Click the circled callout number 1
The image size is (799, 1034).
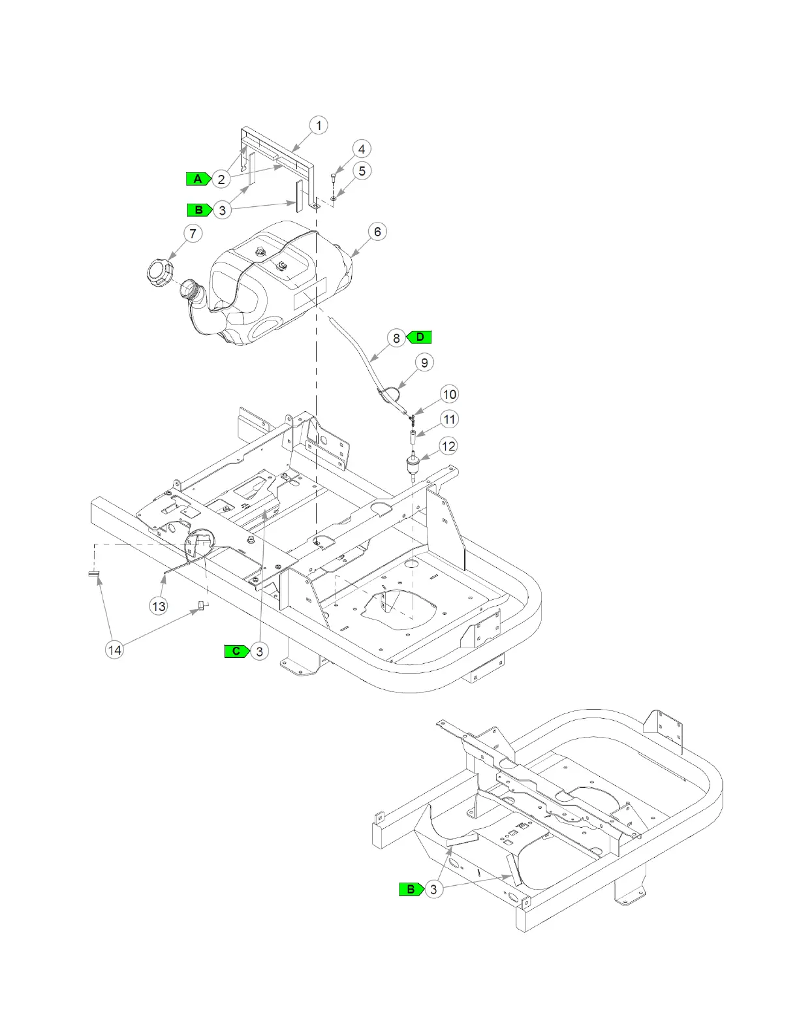[319, 125]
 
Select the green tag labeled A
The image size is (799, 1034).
[197, 179]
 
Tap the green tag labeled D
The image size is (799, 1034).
[420, 337]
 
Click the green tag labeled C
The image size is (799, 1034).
[236, 651]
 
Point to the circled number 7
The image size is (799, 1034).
[193, 234]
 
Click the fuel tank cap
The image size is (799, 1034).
[159, 271]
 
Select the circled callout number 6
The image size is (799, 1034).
[377, 232]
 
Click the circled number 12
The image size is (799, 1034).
[448, 446]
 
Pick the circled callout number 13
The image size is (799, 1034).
[159, 606]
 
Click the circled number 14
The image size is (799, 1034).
[114, 650]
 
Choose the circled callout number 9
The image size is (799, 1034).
[424, 363]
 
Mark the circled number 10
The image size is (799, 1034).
[450, 394]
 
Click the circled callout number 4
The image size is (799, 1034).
[362, 149]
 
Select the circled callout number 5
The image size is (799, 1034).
[362, 171]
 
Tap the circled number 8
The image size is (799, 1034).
[396, 338]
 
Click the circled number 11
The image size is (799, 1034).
[449, 419]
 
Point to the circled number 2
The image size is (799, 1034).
[221, 180]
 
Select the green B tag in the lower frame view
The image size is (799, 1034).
[411, 889]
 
